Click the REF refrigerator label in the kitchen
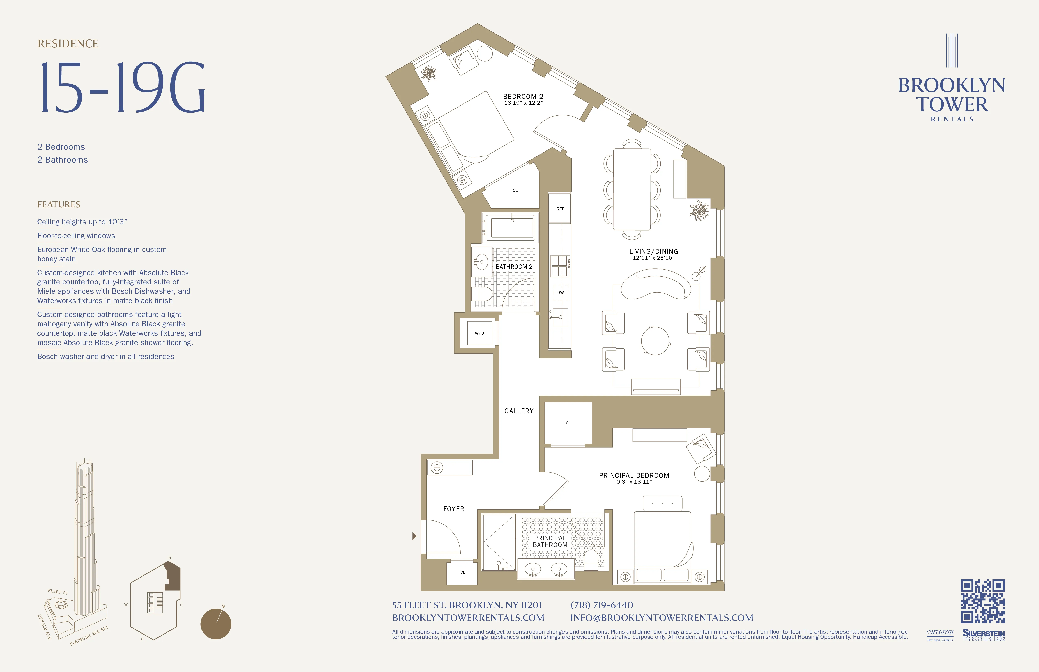560,209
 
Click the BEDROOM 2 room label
523,97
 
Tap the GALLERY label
519,411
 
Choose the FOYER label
453,509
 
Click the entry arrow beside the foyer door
414,536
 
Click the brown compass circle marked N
216,624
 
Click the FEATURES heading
59,205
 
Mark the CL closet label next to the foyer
463,572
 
